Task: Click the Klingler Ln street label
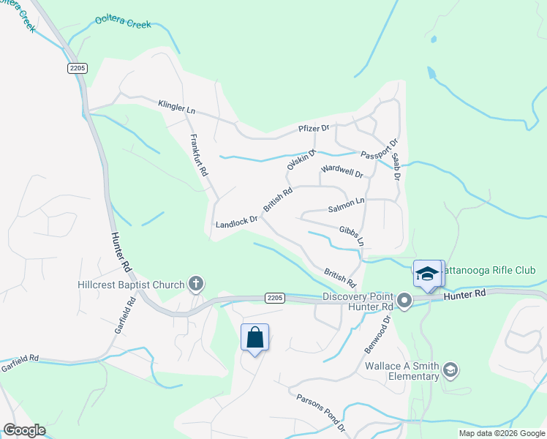pyautogui.click(x=177, y=107)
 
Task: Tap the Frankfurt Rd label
pyautogui.click(x=199, y=155)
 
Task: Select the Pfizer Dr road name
pyautogui.click(x=314, y=129)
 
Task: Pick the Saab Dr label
pyautogui.click(x=396, y=167)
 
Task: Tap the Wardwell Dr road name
pyautogui.click(x=342, y=173)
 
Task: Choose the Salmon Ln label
pyautogui.click(x=345, y=205)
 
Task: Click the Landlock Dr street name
pyautogui.click(x=237, y=220)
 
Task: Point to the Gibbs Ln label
pyautogui.click(x=351, y=235)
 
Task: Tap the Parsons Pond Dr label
pyautogui.click(x=321, y=411)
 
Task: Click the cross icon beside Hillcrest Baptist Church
pyautogui.click(x=196, y=282)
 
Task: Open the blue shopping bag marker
pyautogui.click(x=255, y=338)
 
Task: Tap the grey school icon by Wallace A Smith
pyautogui.click(x=450, y=371)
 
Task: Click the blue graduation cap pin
pyautogui.click(x=427, y=274)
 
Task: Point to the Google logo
pyautogui.click(x=24, y=430)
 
